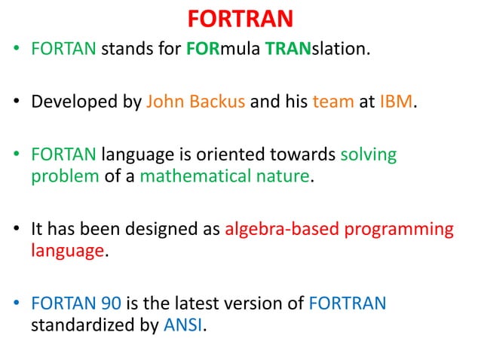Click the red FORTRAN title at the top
click(240, 18)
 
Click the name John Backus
click(195, 101)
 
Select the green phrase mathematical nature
click(225, 178)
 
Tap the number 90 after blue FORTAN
click(109, 304)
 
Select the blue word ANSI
click(184, 325)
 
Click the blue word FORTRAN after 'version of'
click(348, 304)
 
